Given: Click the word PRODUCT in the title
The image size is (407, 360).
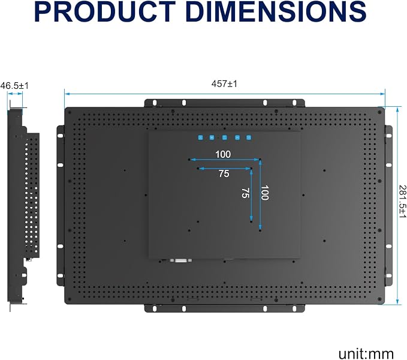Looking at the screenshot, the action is coord(105,11).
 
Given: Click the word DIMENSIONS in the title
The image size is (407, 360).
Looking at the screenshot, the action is coord(276,11).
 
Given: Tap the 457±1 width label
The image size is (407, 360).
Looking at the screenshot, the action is coord(224,84).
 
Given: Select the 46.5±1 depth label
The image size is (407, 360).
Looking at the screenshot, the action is coord(14,86).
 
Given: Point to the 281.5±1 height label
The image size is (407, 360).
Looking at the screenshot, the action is coord(402,201).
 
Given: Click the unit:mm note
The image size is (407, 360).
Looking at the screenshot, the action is coord(366,354).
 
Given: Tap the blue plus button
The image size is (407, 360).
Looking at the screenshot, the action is coord(212,137).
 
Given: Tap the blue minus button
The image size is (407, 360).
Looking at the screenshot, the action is coord(237,137).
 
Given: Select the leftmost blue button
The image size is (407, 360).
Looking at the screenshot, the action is coord(200,137).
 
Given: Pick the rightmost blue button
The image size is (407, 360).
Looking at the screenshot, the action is coord(249,137).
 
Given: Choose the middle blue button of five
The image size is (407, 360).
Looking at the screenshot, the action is coord(225,137).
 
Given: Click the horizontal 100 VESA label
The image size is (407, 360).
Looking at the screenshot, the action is coord(223,154).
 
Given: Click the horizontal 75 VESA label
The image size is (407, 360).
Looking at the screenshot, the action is coord(224,173).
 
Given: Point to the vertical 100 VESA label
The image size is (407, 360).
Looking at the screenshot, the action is coord(264,193).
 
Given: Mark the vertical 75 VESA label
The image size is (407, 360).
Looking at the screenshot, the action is coord(246,193).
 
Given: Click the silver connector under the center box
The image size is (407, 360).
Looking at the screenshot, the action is coord(181,260).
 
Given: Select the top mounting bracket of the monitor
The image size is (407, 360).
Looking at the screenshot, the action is coord(224,103).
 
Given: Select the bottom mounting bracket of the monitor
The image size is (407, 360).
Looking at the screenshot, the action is coord(224,308).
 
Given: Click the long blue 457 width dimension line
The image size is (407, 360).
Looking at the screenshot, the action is coord(225,94).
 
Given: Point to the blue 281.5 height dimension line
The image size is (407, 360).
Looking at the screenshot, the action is coord(397,205).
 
